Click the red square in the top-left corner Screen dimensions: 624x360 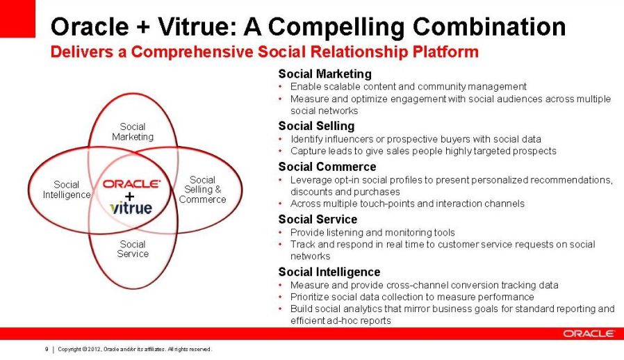[17, 19]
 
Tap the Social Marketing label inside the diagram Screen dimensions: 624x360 [133, 132]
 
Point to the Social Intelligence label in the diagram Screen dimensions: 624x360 [67, 190]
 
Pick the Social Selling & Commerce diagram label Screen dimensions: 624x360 [202, 190]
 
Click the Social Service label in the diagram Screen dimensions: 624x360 [133, 249]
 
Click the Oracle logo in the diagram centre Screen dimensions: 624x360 [132, 184]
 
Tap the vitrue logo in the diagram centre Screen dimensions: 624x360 [131, 208]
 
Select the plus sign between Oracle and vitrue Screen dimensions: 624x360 [129, 196]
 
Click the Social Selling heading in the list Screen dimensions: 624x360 [316, 126]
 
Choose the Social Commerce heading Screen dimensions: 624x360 [327, 167]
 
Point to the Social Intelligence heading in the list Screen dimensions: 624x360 [329, 272]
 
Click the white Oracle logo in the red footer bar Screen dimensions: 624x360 [589, 334]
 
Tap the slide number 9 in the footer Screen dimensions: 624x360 [47, 350]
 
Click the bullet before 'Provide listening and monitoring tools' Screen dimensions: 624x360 [281, 233]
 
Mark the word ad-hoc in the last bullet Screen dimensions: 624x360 [341, 320]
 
